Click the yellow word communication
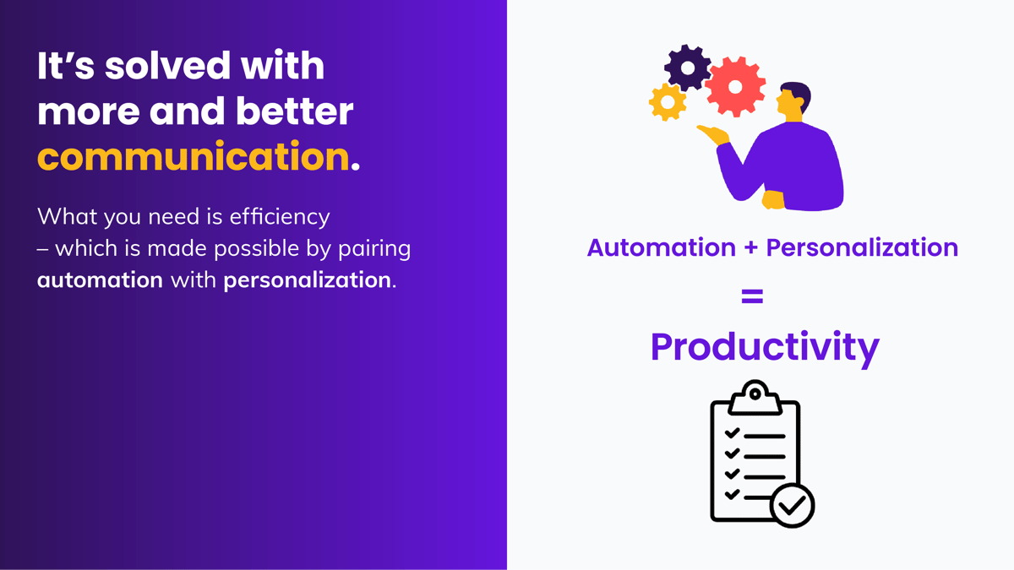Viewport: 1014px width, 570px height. [x=193, y=158]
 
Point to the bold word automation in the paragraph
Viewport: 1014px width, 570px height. [x=100, y=280]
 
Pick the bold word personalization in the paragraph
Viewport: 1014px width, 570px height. [x=307, y=280]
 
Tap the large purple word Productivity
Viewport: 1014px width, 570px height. [x=765, y=346]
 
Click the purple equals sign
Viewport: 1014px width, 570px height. [x=752, y=296]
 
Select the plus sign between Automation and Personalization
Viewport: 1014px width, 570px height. [x=750, y=248]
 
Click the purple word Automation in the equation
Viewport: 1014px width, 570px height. [x=661, y=248]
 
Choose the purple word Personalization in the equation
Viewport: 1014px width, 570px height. [x=862, y=248]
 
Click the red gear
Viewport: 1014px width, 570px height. [x=734, y=86]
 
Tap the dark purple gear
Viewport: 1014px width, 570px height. [x=687, y=67]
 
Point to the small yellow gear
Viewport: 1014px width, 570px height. [x=668, y=102]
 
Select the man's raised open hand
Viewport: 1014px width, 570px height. [x=715, y=133]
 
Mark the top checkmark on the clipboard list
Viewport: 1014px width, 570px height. [x=732, y=434]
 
